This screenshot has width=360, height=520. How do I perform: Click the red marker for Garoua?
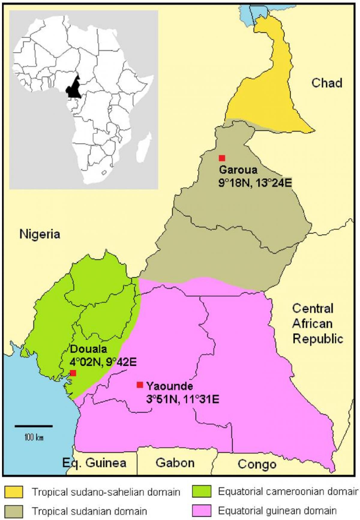pos(222,158)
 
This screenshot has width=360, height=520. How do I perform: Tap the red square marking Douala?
pos(73,373)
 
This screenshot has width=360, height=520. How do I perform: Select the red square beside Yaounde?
pos(140,385)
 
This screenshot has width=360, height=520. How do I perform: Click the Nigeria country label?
pos(40,234)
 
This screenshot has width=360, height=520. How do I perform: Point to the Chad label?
pos(327,83)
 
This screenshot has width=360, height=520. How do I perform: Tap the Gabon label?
pos(175,462)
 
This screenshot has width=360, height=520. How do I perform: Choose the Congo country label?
pos(257,464)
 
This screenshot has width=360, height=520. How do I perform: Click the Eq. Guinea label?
pos(94,462)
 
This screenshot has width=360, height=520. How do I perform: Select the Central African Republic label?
pos(317,323)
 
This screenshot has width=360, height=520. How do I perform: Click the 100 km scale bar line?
pos(34,426)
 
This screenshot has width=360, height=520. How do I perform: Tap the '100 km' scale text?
pos(34,437)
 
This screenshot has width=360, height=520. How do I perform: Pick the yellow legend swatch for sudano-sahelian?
pos(13,492)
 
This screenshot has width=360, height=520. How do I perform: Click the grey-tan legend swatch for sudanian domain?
pos(13,511)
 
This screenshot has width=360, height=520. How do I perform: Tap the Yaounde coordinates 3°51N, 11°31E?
pos(182,399)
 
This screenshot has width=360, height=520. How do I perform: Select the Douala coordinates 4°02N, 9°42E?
pos(103,362)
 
